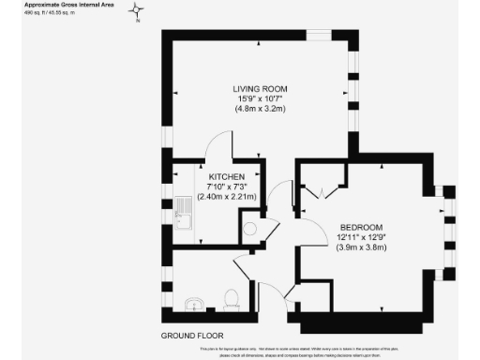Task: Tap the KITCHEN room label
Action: [x=227, y=176]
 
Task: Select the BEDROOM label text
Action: [x=359, y=228]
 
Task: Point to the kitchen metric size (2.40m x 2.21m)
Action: [x=227, y=197]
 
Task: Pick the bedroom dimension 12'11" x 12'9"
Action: [x=359, y=238]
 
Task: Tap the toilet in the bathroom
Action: [x=232, y=298]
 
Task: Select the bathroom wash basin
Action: [x=195, y=303]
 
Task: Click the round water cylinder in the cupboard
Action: [x=250, y=226]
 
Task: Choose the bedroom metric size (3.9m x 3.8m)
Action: [x=359, y=248]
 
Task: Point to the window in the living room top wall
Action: [x=320, y=35]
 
